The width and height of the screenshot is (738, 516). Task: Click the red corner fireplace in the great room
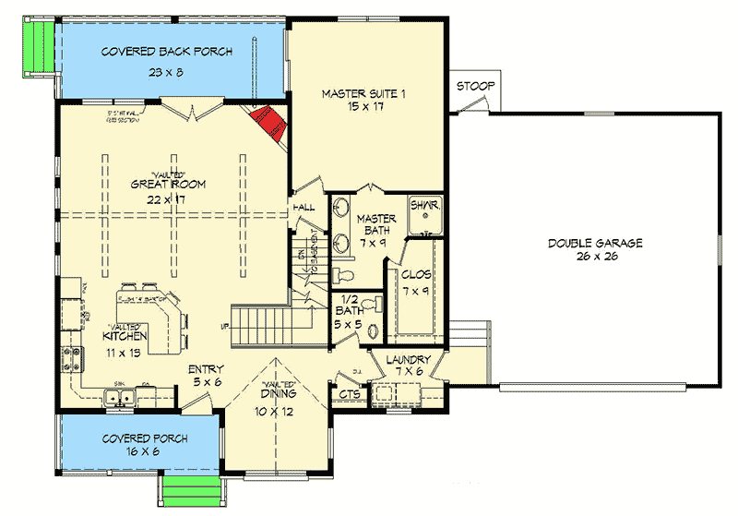[271, 122]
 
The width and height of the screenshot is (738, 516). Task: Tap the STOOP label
[475, 87]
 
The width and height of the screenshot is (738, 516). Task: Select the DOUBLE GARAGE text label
[594, 243]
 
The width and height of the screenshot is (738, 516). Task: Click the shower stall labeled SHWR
[425, 214]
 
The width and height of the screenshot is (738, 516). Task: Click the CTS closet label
[351, 395]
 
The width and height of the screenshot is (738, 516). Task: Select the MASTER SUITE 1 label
[365, 93]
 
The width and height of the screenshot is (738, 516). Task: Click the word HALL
[304, 209]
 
